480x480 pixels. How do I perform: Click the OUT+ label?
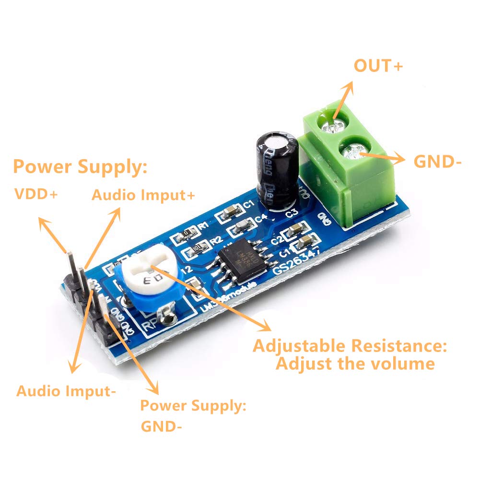tap(378, 66)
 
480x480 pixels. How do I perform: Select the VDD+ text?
tap(36, 194)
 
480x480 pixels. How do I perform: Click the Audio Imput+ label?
tap(144, 195)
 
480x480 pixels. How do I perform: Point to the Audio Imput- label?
tap(66, 391)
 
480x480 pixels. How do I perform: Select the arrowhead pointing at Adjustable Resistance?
tap(268, 329)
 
